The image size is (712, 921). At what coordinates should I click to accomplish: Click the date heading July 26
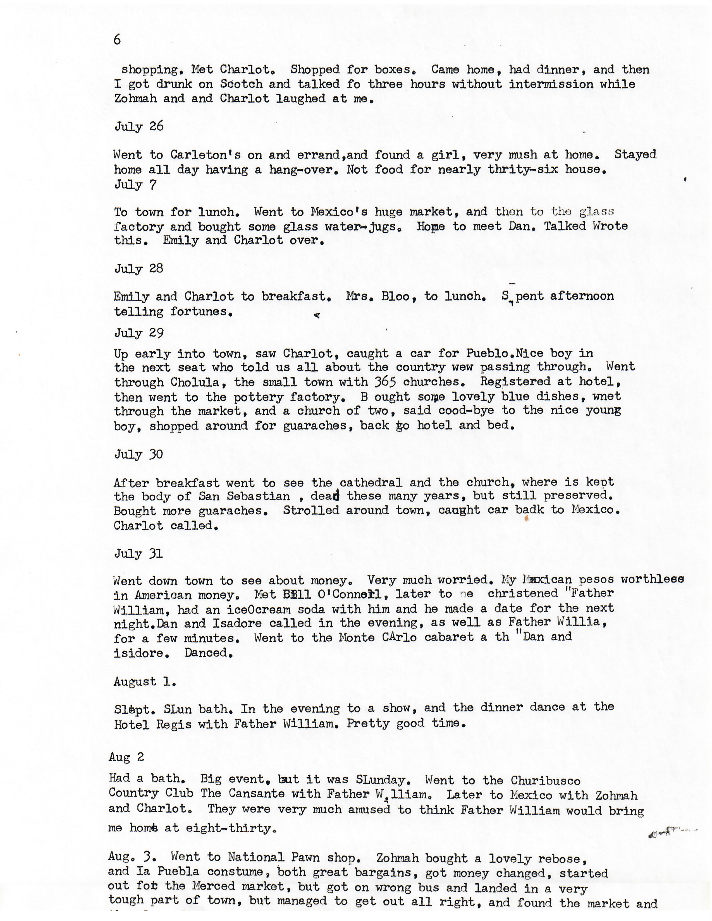(139, 126)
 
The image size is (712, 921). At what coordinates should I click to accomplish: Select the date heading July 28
(139, 268)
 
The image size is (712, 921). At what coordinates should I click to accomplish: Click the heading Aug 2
(126, 757)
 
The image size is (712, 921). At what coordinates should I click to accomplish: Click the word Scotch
(241, 84)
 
